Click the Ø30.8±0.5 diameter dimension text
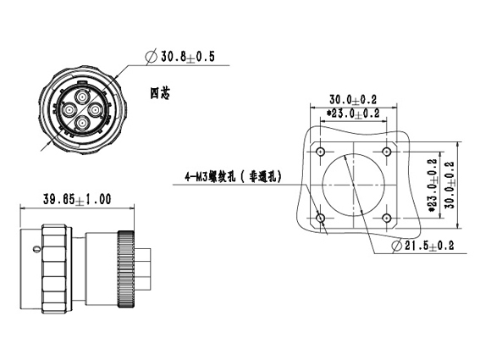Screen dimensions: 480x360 pyautogui.click(x=180, y=57)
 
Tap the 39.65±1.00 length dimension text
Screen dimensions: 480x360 pyautogui.click(x=77, y=199)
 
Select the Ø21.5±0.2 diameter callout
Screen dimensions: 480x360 pyautogui.click(x=422, y=246)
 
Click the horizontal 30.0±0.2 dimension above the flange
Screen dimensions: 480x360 pyautogui.click(x=353, y=100)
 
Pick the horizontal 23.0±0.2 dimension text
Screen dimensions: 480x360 pyautogui.click(x=353, y=114)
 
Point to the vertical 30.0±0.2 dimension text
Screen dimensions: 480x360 pyautogui.click(x=450, y=185)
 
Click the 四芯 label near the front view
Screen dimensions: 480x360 pyautogui.click(x=159, y=93)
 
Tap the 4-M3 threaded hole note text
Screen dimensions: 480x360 pyautogui.click(x=233, y=177)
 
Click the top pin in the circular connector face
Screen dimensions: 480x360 pyautogui.click(x=82, y=97)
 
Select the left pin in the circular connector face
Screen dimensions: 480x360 pyautogui.click(x=69, y=109)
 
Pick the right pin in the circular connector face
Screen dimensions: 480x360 pyautogui.click(x=95, y=109)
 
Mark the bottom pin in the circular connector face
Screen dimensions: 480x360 pyautogui.click(x=82, y=123)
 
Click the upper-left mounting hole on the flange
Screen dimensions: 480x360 pyautogui.click(x=321, y=152)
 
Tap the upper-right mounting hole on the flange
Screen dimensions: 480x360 pyautogui.click(x=387, y=152)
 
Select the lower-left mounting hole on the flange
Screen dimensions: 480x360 pyautogui.click(x=321, y=219)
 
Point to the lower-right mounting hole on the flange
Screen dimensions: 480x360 pyautogui.click(x=387, y=219)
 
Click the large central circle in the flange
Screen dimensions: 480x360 pyautogui.click(x=323, y=185)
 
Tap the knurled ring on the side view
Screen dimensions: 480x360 pyautogui.click(x=125, y=269)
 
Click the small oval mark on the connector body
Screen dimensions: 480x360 pyautogui.click(x=36, y=249)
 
